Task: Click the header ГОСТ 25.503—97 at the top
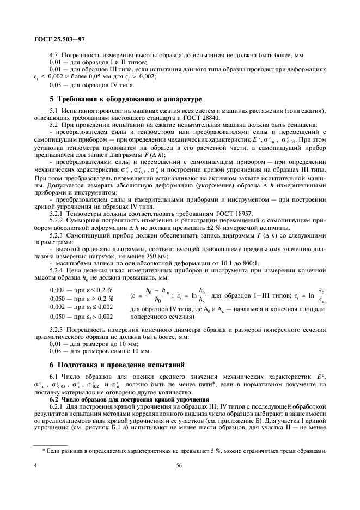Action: click(56, 40)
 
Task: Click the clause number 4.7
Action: click(54, 56)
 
